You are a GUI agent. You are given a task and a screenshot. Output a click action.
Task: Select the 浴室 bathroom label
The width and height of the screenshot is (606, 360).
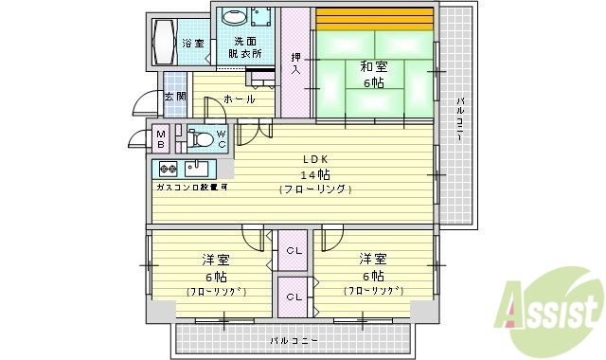(192, 44)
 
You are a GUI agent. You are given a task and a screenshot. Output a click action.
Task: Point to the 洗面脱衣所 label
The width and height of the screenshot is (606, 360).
(246, 47)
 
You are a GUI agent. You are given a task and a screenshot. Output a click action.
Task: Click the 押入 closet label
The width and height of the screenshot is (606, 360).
(295, 63)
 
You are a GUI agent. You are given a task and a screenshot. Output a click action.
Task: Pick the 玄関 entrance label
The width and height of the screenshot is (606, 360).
(175, 97)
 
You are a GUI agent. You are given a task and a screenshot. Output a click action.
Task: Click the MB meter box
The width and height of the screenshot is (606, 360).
(162, 140)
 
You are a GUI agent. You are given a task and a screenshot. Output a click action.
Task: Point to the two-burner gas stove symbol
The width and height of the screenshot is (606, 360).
(168, 169)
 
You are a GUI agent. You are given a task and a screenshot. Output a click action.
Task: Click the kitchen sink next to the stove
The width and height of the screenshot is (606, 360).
(197, 169)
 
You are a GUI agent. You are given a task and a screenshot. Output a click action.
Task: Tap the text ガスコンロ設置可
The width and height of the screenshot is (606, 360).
(191, 187)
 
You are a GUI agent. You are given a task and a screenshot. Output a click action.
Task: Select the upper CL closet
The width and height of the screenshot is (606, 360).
(294, 250)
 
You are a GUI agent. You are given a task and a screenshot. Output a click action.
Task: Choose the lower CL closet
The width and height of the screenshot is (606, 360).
(294, 297)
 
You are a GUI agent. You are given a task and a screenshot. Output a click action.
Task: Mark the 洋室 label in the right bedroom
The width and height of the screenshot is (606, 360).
(372, 259)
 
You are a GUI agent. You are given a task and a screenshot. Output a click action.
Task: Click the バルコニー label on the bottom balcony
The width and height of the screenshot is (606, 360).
(293, 339)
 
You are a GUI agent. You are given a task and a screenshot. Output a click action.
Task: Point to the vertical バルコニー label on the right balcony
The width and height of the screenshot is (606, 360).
(459, 118)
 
